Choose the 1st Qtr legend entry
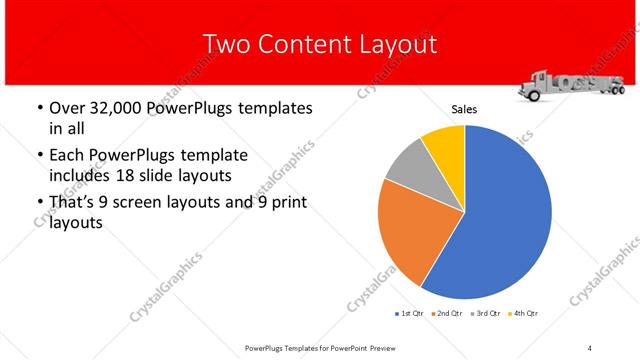(x=409, y=313)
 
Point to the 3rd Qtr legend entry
(x=485, y=313)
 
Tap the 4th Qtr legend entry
(x=524, y=313)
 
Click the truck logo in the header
(x=568, y=85)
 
